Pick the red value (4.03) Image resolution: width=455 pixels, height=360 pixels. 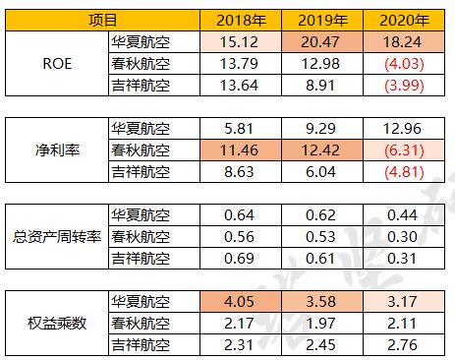point(403,64)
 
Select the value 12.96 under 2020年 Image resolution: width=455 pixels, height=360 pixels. point(403,129)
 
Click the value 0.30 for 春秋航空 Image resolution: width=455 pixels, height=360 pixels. point(403,237)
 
